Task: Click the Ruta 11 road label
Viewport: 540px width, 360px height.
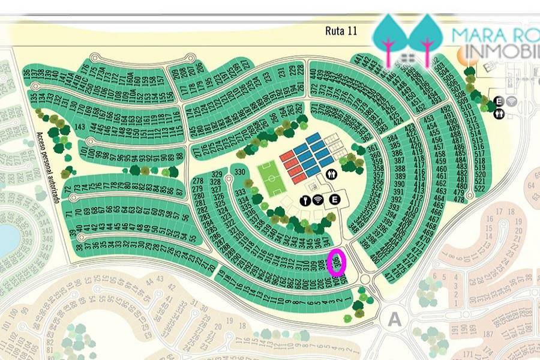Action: point(341,31)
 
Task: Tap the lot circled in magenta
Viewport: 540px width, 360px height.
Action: point(338,262)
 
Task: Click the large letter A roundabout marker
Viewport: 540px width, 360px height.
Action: point(394,319)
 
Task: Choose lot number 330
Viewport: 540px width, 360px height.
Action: point(241,172)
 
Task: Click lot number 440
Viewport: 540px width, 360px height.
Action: point(313,73)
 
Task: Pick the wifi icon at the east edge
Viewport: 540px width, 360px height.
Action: point(512,101)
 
